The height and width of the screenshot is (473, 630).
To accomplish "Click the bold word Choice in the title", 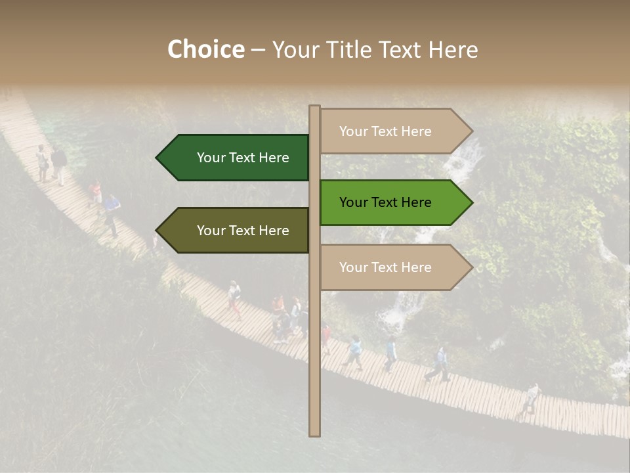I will (205, 50).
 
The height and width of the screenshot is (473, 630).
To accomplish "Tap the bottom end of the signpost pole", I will (314, 434).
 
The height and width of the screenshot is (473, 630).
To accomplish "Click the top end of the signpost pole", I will (314, 107).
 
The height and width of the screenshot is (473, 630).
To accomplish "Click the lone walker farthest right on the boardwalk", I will (531, 397).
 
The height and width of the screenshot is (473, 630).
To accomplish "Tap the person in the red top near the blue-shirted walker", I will (95, 192).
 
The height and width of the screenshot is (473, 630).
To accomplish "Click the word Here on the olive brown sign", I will (274, 231).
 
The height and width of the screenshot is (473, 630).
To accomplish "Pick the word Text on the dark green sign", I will (243, 158).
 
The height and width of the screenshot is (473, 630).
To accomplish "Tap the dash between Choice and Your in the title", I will (258, 50).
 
